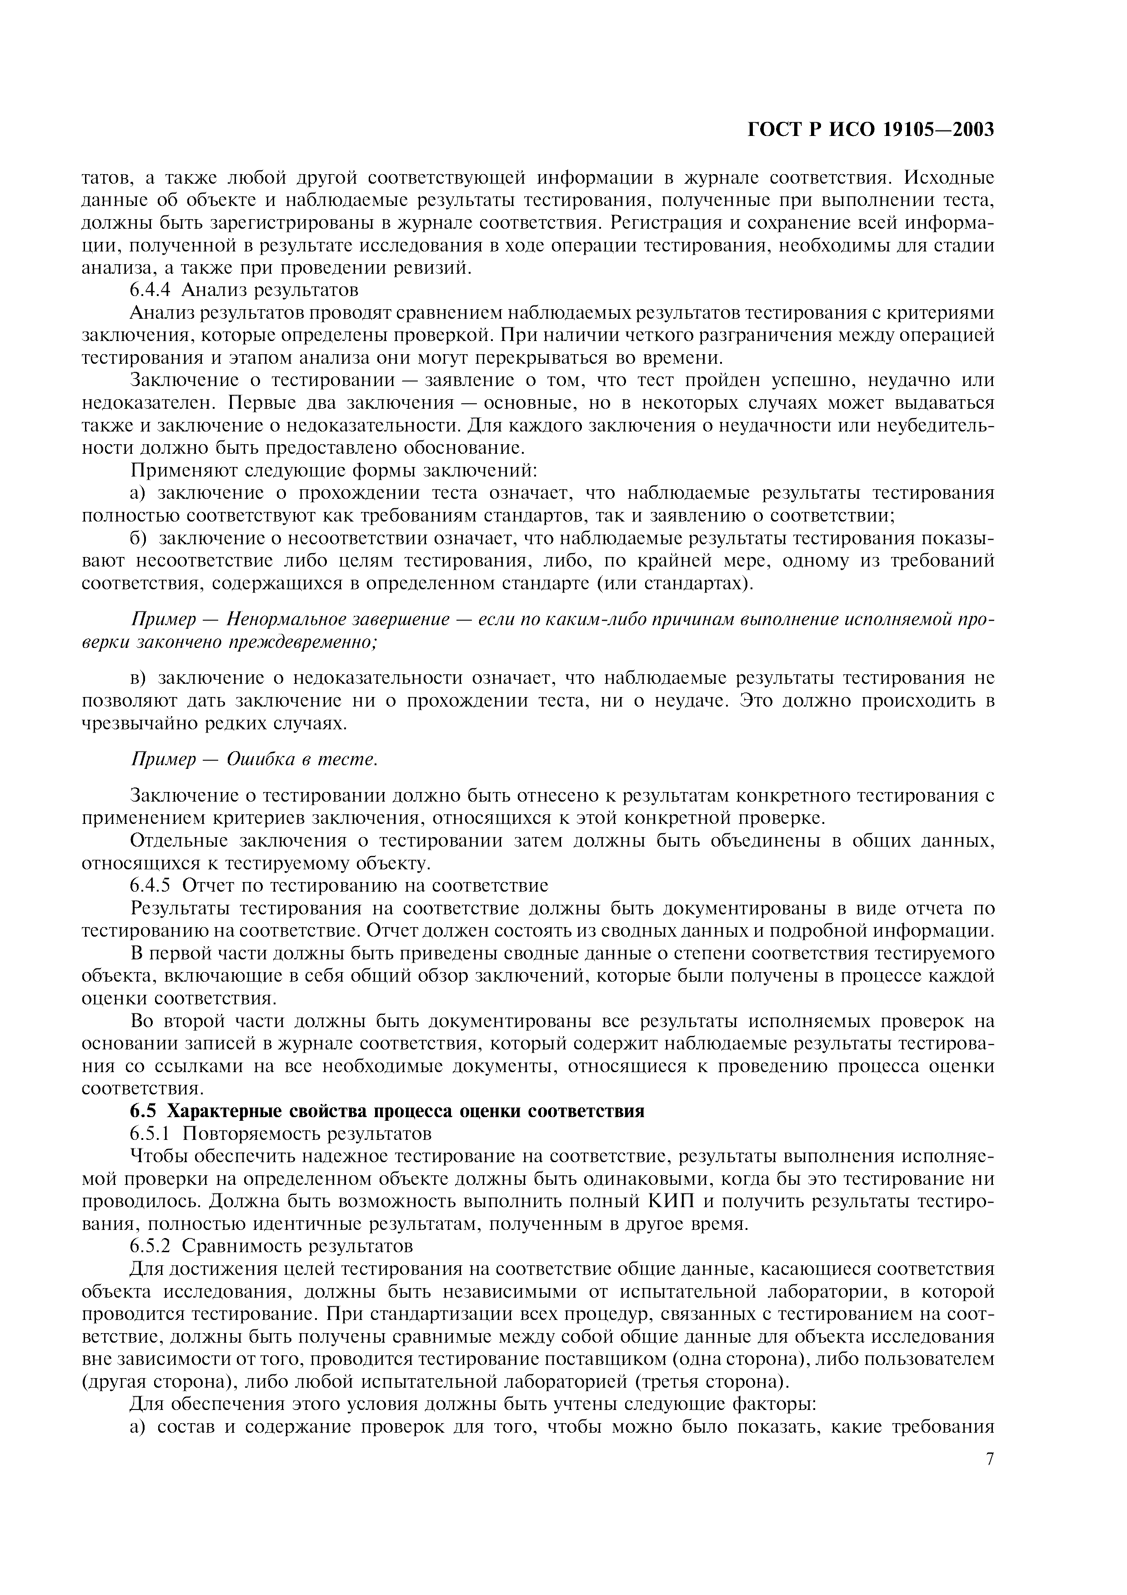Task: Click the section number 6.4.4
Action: (150, 290)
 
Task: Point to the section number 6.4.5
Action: (150, 886)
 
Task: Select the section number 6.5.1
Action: (150, 1134)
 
